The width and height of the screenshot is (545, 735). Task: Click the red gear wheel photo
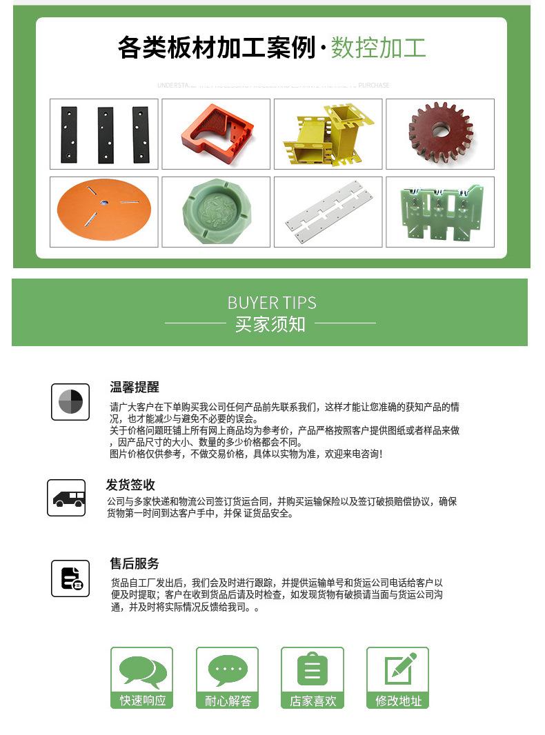440,134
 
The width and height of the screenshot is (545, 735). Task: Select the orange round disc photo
103,212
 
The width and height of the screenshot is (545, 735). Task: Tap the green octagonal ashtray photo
216,212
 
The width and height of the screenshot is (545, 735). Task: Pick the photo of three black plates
103,134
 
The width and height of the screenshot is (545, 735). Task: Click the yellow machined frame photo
328,134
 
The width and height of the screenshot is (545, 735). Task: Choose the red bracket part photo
216,134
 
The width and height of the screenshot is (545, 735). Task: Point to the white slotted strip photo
328,212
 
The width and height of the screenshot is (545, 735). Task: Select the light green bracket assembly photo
440,212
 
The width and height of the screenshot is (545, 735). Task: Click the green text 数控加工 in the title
378,48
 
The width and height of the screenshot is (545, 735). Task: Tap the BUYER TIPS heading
272,303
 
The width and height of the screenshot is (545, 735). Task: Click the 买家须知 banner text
270,324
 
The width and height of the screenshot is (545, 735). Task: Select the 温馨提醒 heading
135,387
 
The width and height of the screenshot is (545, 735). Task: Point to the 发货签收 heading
130,485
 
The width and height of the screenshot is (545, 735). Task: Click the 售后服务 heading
135,563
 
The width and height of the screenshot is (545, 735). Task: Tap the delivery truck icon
66,498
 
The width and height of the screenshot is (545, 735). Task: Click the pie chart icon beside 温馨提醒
70,401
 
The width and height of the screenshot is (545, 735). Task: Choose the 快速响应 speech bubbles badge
142,678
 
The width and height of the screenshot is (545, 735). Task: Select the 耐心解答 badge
227,678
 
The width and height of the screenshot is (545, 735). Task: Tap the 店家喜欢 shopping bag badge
313,678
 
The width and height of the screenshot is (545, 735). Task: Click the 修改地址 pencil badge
398,678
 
